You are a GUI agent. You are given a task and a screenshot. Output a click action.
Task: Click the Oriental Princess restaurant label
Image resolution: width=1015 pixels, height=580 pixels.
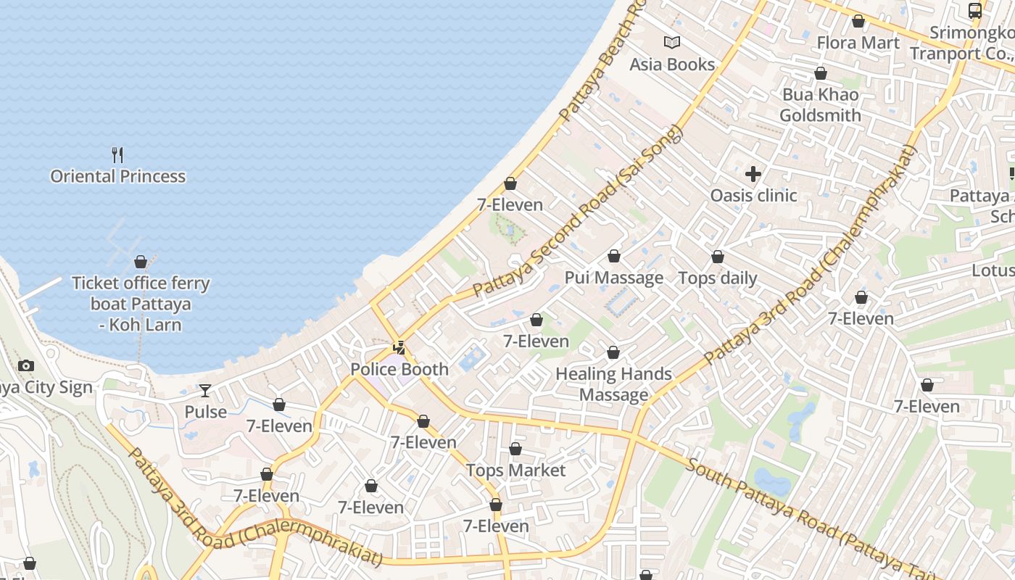pos(117,176)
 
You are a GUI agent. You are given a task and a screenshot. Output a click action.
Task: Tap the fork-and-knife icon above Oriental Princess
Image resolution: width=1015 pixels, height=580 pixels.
pos(117,154)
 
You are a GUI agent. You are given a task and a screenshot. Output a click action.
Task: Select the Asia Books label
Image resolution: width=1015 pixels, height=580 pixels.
pos(672,65)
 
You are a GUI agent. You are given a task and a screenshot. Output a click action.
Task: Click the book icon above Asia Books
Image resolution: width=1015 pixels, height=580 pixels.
pos(672,43)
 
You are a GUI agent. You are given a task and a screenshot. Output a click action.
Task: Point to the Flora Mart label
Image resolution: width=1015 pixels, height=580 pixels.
pos(858,43)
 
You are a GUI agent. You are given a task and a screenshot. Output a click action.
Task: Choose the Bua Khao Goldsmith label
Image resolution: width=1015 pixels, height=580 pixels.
pos(820,105)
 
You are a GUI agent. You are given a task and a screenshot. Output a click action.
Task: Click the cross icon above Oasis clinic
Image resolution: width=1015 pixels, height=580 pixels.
pos(753,174)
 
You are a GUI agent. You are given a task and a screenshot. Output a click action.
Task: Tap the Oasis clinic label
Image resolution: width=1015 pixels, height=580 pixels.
pos(753,195)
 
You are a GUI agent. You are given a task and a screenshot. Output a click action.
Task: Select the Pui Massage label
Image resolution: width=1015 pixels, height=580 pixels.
pos(613,278)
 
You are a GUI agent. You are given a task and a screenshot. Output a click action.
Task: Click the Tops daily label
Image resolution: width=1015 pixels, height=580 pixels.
pos(717,278)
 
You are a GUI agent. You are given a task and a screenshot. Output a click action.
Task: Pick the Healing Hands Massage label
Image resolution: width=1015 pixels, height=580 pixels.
pos(613,384)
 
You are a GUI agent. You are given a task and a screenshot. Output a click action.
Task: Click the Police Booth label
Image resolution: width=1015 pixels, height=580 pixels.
pos(399,369)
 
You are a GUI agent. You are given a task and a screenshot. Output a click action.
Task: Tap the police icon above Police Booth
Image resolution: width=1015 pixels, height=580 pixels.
pos(399,348)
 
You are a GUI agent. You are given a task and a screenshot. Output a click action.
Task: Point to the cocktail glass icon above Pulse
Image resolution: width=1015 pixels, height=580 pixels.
pos(206,391)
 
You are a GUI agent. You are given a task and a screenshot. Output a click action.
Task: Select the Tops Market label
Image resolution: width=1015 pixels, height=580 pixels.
pos(515,471)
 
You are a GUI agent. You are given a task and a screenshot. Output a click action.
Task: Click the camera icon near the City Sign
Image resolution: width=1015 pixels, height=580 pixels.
pos(26,366)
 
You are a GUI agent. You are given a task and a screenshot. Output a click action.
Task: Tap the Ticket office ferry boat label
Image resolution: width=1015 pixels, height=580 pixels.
pos(141,304)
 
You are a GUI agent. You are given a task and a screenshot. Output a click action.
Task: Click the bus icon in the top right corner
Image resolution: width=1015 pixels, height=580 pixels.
pos(975,10)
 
